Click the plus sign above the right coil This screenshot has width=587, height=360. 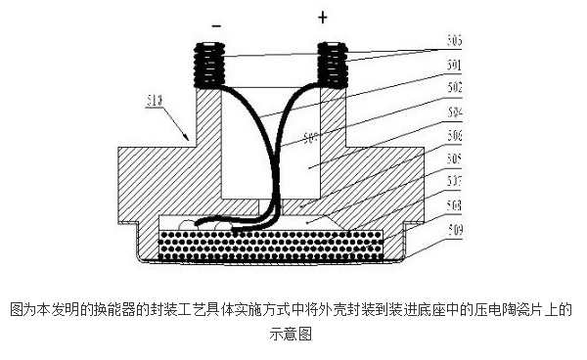point(321,18)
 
